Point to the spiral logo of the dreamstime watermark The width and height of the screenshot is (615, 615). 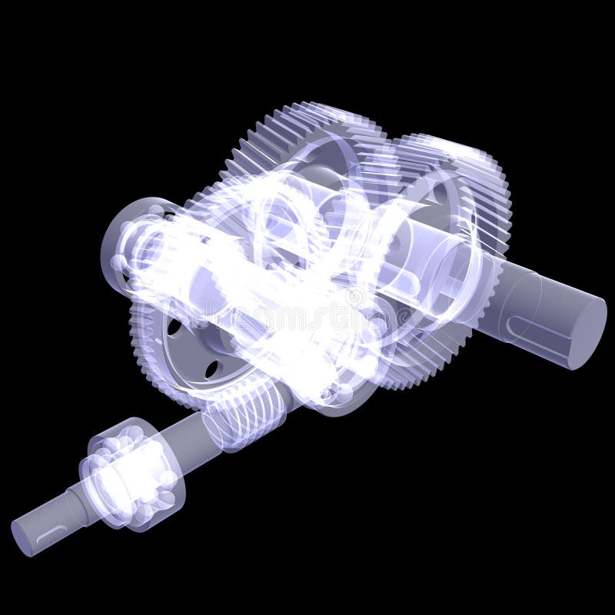[307, 307]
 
